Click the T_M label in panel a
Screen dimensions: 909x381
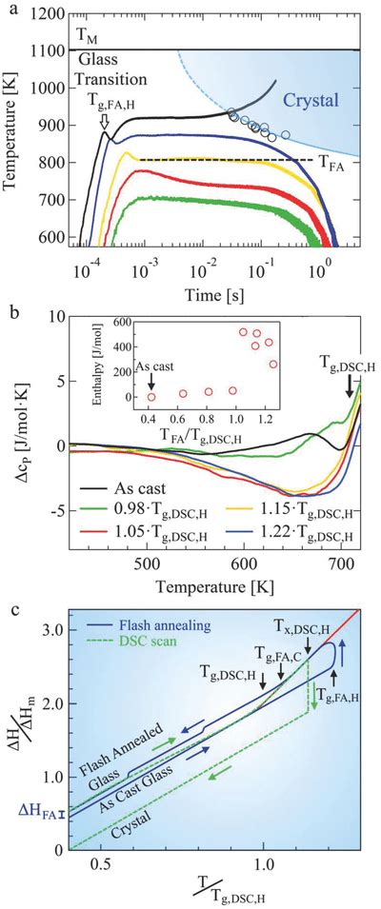pyautogui.click(x=87, y=36)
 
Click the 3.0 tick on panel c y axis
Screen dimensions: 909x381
pyautogui.click(x=53, y=630)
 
